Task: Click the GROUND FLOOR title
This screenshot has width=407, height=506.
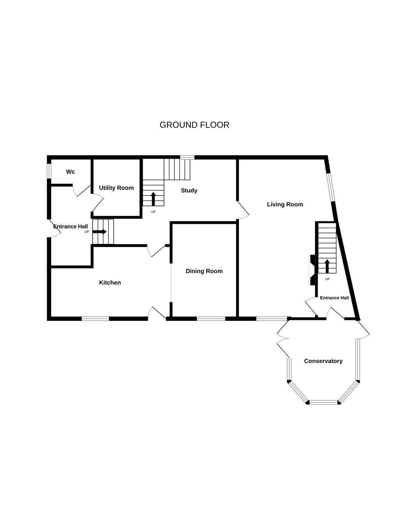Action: point(194,125)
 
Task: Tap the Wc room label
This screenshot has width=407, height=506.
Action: point(70,172)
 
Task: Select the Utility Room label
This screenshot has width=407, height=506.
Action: point(116,188)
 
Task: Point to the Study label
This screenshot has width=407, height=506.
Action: point(189,190)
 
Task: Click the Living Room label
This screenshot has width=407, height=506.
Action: point(285,204)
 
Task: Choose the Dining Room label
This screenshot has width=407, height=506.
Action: point(204,271)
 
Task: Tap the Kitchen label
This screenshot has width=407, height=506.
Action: point(110,283)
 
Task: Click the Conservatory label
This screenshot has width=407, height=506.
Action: point(323,361)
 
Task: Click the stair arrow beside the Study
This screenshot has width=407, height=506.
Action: point(153,199)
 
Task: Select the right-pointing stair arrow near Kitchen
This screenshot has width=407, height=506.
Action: point(99,232)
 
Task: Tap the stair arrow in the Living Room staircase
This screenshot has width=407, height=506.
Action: point(327,266)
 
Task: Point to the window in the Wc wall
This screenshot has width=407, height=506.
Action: point(49,171)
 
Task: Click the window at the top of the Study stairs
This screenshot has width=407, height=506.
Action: point(187,157)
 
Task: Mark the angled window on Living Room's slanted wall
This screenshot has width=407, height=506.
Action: point(331,187)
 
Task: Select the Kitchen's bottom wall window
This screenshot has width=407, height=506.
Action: point(95,319)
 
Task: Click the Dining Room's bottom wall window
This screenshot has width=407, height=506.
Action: point(211,319)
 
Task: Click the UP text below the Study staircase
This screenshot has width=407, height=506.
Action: point(153,212)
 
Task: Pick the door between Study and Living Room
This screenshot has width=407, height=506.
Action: point(242,210)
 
